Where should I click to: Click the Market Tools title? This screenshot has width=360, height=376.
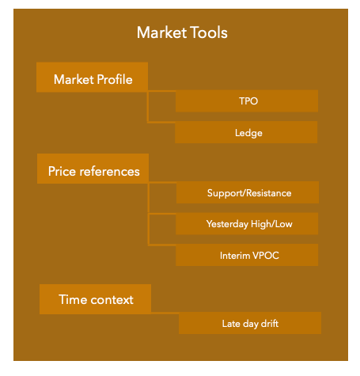coord(182,32)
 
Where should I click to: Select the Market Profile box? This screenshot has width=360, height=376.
coord(92,77)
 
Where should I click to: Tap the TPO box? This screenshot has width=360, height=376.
coord(247,101)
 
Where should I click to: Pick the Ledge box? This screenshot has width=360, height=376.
coord(246,132)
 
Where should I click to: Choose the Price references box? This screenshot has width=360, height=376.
coord(93,169)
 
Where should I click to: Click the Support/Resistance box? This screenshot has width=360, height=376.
coord(248,192)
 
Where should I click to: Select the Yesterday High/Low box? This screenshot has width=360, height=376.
coord(247,224)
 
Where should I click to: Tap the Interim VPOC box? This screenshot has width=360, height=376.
coord(247,255)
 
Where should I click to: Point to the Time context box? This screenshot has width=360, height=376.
coord(95,299)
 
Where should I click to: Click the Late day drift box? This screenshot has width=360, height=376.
coord(250,323)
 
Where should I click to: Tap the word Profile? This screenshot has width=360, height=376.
coord(115,79)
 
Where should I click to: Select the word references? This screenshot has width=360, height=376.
coord(110,172)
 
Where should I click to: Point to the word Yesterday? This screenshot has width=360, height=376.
coord(227,224)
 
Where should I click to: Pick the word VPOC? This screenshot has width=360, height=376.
coord(266,256)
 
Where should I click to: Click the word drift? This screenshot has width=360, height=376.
coord(270,323)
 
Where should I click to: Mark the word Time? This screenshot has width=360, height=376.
coord(73,299)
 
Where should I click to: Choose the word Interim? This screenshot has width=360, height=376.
coord(235,256)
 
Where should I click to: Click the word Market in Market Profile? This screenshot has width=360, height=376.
coord(74,79)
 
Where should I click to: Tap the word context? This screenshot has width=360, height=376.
coord(112,300)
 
